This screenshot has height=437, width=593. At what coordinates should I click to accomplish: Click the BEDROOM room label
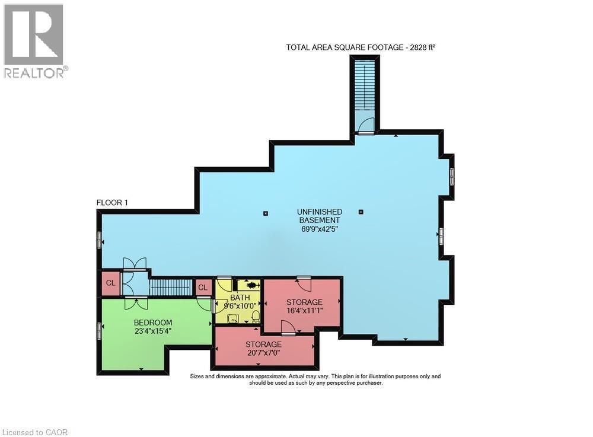click(x=152, y=323)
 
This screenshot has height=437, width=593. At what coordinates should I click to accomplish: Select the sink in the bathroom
click(x=232, y=318)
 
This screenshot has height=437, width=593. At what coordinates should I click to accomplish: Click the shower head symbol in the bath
click(x=249, y=285)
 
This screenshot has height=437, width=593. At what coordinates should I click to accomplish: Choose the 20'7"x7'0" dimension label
click(x=263, y=353)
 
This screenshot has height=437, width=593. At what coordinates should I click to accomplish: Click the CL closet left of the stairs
click(x=110, y=283)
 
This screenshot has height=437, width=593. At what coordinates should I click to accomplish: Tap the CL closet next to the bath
click(x=203, y=288)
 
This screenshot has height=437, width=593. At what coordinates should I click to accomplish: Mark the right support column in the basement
click(x=361, y=212)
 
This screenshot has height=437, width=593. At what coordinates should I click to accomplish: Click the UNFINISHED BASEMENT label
click(x=319, y=216)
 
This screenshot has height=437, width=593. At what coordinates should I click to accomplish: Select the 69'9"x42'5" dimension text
click(x=319, y=229)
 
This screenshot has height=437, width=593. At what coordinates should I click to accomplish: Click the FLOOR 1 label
click(x=113, y=203)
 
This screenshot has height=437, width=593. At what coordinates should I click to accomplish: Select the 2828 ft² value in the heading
click(x=422, y=47)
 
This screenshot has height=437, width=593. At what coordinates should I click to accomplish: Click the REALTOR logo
click(x=34, y=42)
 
